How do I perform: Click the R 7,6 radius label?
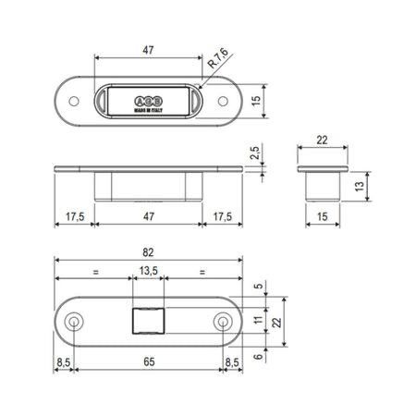pos(218,62)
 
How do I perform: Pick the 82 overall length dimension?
pos(148,252)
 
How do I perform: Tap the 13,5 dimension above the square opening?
pos(148,272)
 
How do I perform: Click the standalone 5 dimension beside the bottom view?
pos(257,287)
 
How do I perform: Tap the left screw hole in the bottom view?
pos(74,320)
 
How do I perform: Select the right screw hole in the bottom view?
pos(223,320)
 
